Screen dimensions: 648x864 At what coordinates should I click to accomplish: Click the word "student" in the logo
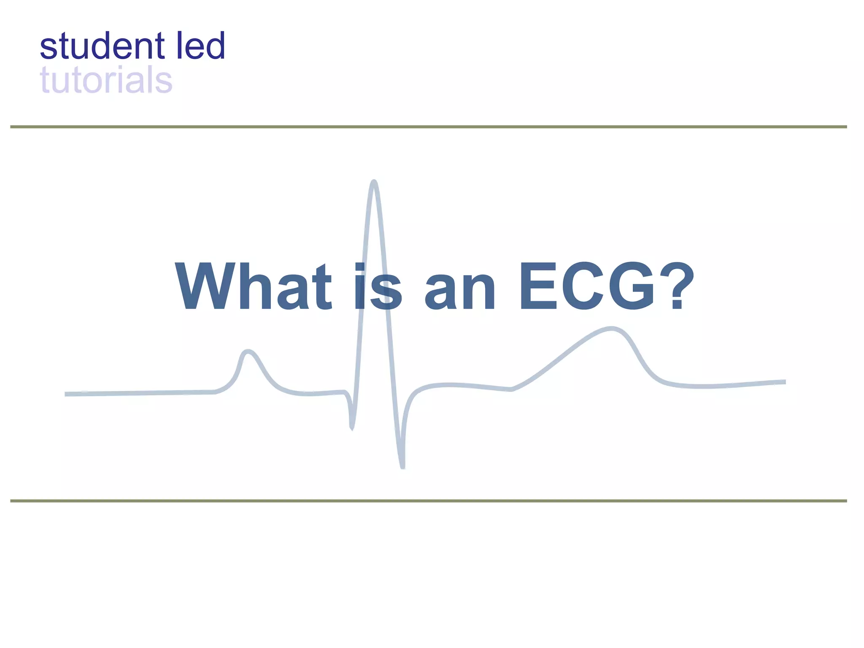click(x=102, y=46)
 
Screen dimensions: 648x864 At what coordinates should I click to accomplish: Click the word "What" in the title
click(x=254, y=287)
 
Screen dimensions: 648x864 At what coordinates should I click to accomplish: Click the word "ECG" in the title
click(x=587, y=287)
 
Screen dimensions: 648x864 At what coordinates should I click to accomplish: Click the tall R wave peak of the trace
click(x=374, y=183)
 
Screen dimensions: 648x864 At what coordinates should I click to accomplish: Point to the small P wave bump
click(x=248, y=351)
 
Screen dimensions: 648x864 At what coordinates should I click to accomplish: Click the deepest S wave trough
click(x=402, y=466)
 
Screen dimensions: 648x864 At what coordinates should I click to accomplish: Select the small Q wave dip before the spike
click(x=351, y=427)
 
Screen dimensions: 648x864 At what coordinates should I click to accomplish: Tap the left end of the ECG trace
click(x=67, y=394)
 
